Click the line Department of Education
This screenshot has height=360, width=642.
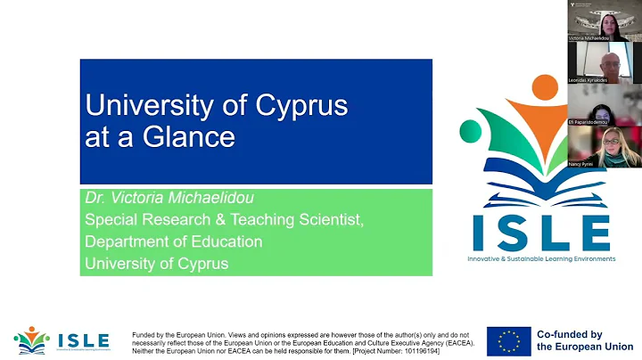(173, 241)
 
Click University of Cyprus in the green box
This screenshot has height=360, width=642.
(156, 263)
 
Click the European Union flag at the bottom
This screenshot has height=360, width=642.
(509, 340)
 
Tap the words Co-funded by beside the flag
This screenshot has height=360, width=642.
(569, 334)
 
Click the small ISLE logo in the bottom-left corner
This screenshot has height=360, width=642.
(62, 340)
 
